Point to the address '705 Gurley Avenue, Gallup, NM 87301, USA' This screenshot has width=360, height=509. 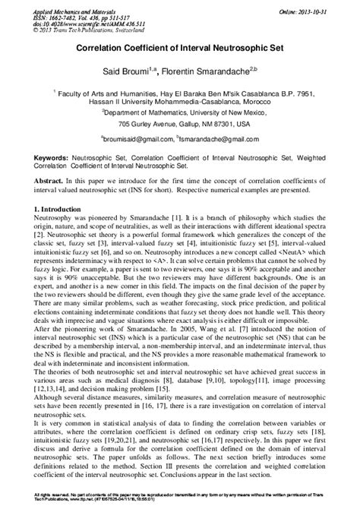point(180,123)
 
